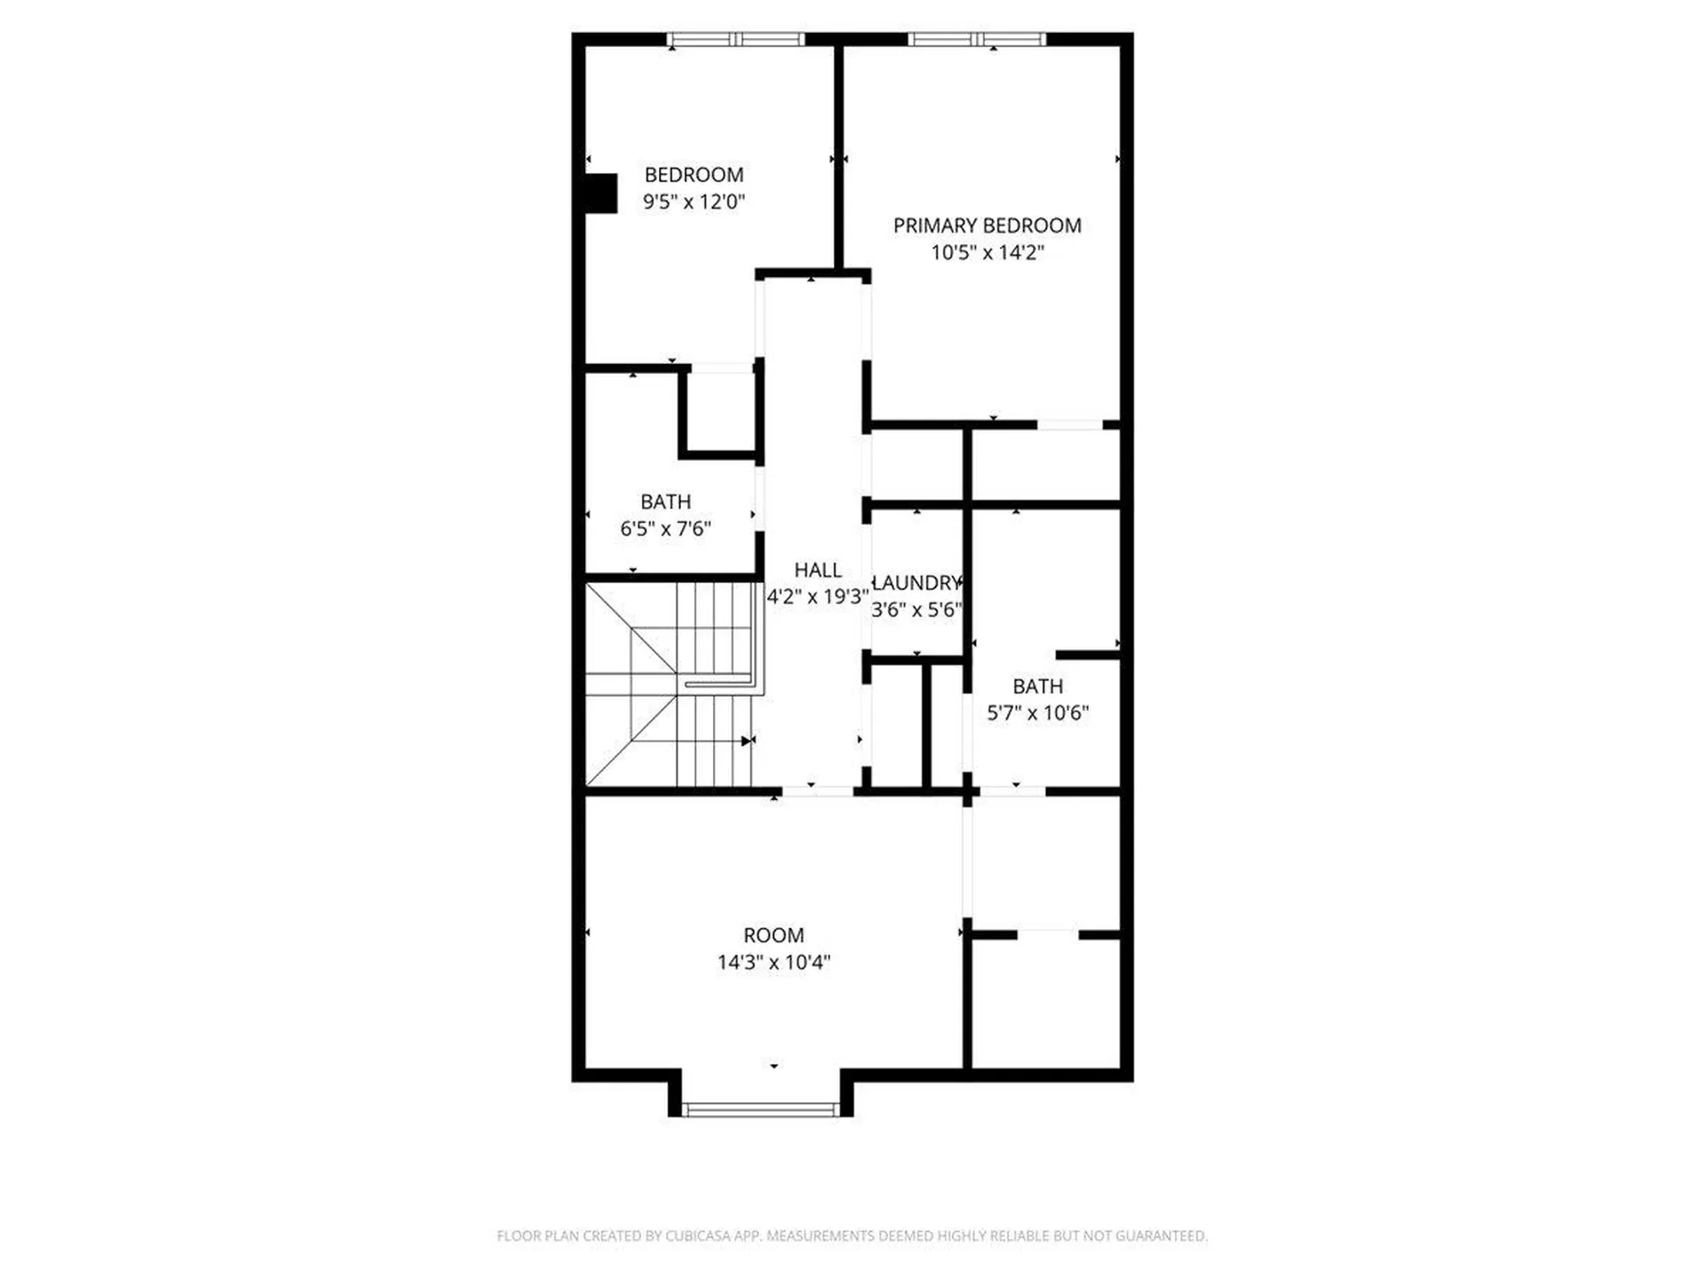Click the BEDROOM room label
694,175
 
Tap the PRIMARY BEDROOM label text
987,226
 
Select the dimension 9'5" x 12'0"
694,202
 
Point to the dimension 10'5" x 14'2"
987,252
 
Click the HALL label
817,570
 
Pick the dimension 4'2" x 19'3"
817,597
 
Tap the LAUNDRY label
917,584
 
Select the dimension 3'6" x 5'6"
917,610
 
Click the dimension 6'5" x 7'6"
665,529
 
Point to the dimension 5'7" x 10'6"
1037,713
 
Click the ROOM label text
773,935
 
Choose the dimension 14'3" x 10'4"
773,962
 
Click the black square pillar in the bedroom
601,194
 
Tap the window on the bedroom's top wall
735,39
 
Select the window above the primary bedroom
976,39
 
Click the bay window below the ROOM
760,1109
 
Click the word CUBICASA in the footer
698,1235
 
